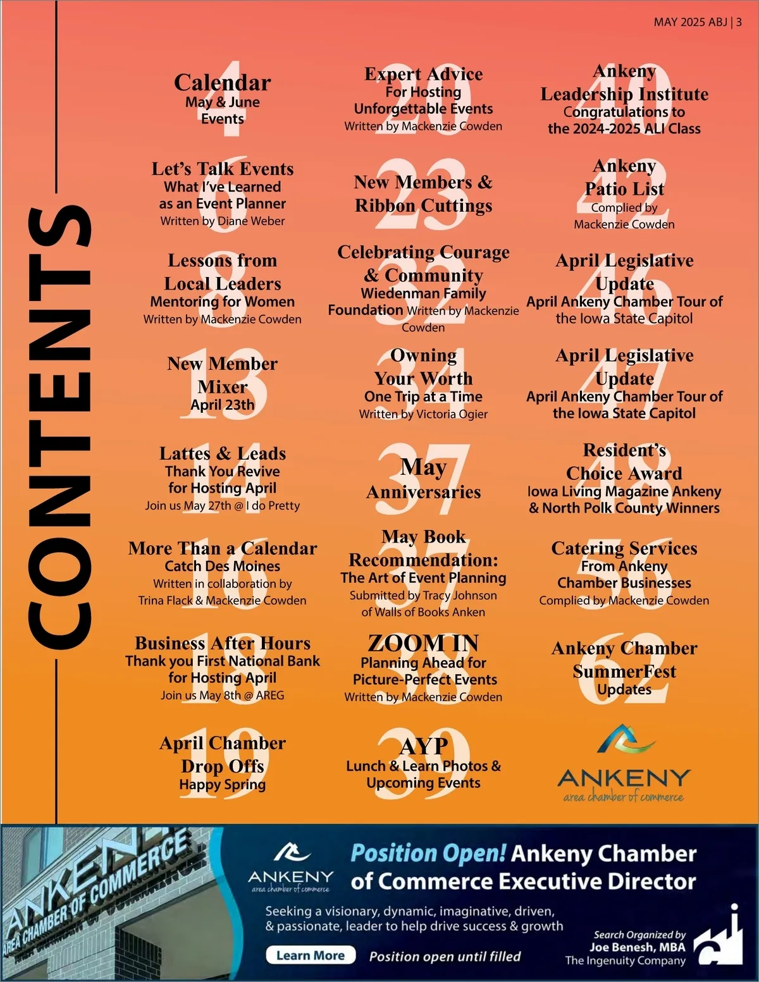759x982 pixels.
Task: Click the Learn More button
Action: tap(311, 955)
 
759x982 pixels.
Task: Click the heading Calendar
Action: tap(222, 82)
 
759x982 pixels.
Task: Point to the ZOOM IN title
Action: tap(423, 643)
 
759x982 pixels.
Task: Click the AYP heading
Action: tap(423, 746)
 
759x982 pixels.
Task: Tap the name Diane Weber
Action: tap(250, 221)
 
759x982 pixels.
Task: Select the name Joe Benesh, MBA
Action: tap(638, 947)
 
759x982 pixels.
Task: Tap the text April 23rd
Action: tap(222, 405)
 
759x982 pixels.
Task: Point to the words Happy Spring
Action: tap(222, 785)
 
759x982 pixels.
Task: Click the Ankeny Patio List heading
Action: tap(624, 178)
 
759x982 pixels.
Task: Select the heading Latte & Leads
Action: tap(222, 453)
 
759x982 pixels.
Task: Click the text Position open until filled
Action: tap(445, 956)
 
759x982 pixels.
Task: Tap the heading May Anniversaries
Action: tap(423, 479)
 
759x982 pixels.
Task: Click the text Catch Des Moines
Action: tap(222, 566)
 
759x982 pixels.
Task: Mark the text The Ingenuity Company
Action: tap(625, 961)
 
